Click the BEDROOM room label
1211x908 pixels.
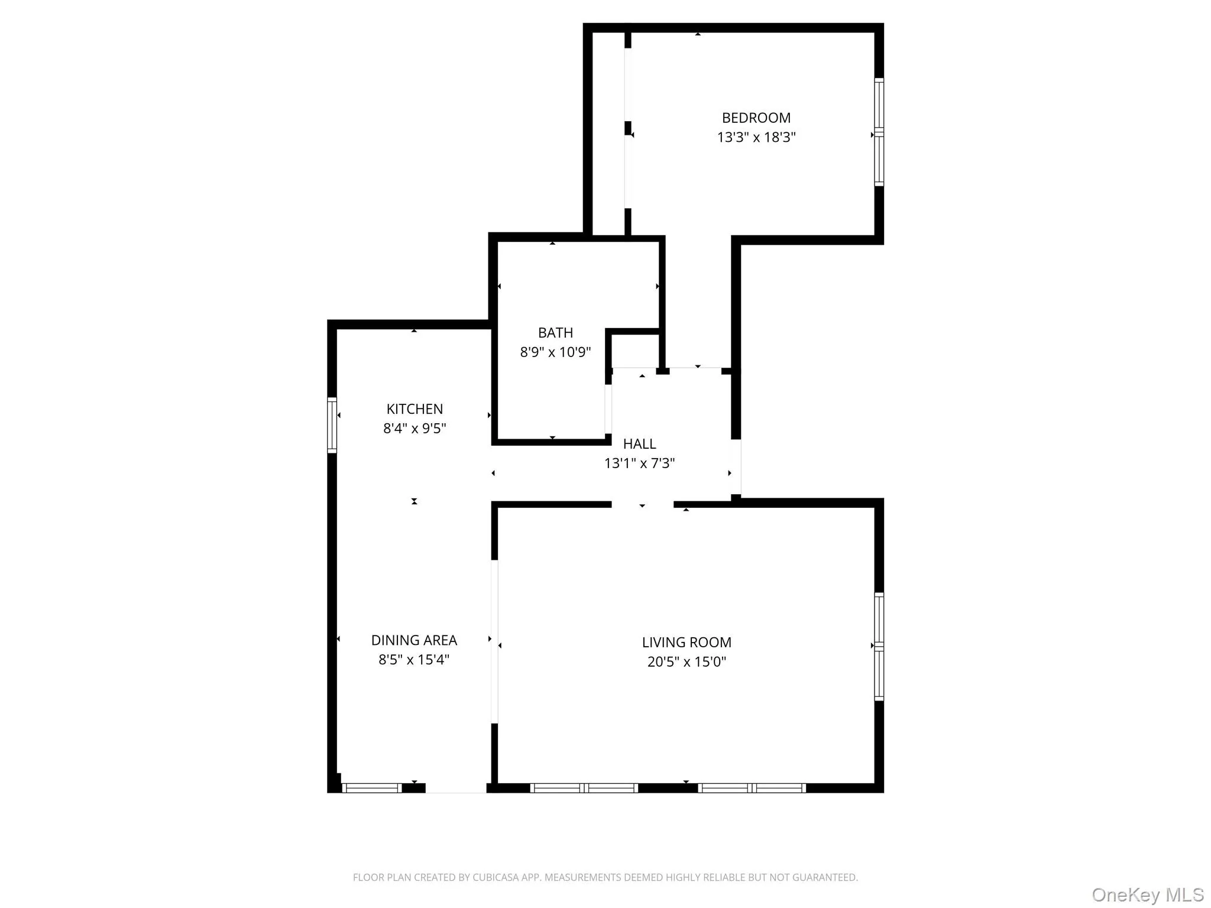(x=756, y=118)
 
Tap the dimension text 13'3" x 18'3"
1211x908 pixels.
(x=756, y=137)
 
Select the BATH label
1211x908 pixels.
(x=555, y=333)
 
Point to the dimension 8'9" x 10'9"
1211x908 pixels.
(x=555, y=352)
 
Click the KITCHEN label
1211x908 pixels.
(x=414, y=409)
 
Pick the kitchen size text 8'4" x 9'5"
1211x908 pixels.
(x=414, y=429)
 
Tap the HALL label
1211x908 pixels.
(x=639, y=444)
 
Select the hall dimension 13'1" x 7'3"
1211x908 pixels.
(x=639, y=463)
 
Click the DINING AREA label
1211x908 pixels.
(x=414, y=640)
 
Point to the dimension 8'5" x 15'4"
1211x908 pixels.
(x=414, y=660)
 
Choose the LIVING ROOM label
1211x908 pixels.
(x=687, y=643)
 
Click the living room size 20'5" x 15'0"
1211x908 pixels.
(x=687, y=662)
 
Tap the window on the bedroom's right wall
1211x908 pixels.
(x=879, y=132)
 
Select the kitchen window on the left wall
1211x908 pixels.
(x=332, y=425)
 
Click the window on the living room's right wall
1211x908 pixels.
(x=879, y=647)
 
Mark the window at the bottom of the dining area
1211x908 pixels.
(x=372, y=788)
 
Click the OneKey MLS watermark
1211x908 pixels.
(x=1147, y=894)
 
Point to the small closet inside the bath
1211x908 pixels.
(x=635, y=351)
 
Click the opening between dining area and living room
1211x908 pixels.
(x=494, y=641)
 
